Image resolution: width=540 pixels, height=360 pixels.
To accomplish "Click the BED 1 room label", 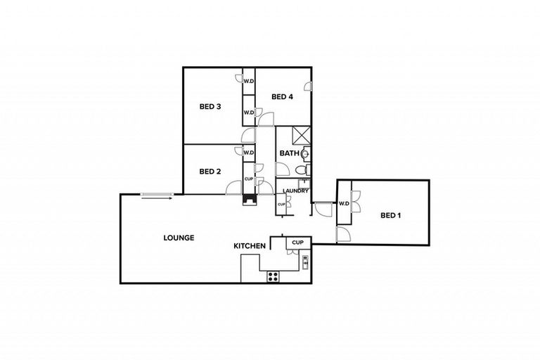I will coord(390,215).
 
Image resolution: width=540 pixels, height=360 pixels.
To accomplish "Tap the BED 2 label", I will coord(210,171).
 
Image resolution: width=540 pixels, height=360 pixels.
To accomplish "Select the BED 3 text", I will coord(210,107).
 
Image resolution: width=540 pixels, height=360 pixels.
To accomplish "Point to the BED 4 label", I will coord(281,97).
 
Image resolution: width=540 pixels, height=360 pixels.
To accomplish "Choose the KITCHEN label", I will coord(250,246).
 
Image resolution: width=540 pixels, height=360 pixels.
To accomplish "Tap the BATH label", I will coord(289,153).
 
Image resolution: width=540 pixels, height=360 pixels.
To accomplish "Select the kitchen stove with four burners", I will coord(272,277).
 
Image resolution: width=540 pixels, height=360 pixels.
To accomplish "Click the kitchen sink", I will coord(305,263).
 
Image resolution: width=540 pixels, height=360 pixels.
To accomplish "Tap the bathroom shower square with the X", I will coord(300,134).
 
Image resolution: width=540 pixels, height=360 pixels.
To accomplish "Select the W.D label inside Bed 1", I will coord(344,204).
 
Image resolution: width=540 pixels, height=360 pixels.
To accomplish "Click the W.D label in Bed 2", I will coord(248,152).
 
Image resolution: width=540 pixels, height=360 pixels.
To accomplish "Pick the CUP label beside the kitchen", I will coord(297,243).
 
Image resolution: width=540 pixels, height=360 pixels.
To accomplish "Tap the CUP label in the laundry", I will coord(281,205).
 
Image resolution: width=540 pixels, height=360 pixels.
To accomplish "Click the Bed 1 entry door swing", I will coord(344,234).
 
